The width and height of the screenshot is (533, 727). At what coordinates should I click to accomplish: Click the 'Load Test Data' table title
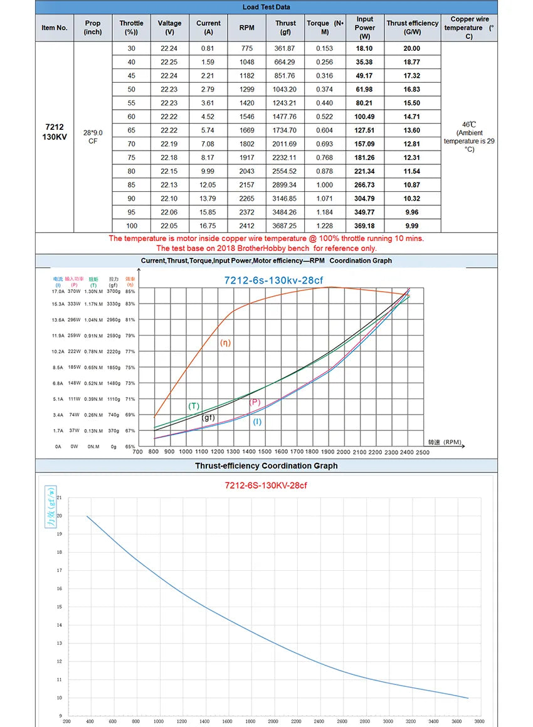pos(266,8)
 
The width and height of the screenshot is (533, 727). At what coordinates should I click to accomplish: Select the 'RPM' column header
pos(246,28)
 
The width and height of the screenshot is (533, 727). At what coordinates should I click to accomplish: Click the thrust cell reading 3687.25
pos(285,226)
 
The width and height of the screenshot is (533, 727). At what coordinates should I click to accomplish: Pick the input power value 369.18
pos(364,226)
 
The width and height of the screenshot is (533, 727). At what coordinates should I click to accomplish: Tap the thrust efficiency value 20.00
pos(412,48)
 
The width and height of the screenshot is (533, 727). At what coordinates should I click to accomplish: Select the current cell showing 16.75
pos(208,226)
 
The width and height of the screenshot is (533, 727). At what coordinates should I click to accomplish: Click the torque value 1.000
pos(325,185)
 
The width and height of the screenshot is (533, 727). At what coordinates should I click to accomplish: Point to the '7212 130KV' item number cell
pos(54,132)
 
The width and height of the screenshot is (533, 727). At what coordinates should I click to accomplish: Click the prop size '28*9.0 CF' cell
pos(93,137)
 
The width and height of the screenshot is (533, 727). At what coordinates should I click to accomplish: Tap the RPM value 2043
pos(246,171)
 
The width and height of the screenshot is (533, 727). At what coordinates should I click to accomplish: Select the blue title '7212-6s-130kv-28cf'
pos(274,280)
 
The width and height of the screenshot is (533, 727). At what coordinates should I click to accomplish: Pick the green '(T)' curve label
pos(194,406)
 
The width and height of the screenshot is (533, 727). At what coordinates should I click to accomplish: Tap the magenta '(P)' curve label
pos(255,402)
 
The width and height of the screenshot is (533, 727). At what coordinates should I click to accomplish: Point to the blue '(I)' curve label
pos(257,422)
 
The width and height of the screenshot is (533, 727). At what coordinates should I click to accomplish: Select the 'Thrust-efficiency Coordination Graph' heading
pos(266,466)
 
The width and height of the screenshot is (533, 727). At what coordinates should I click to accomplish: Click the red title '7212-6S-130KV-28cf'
pos(266,486)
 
